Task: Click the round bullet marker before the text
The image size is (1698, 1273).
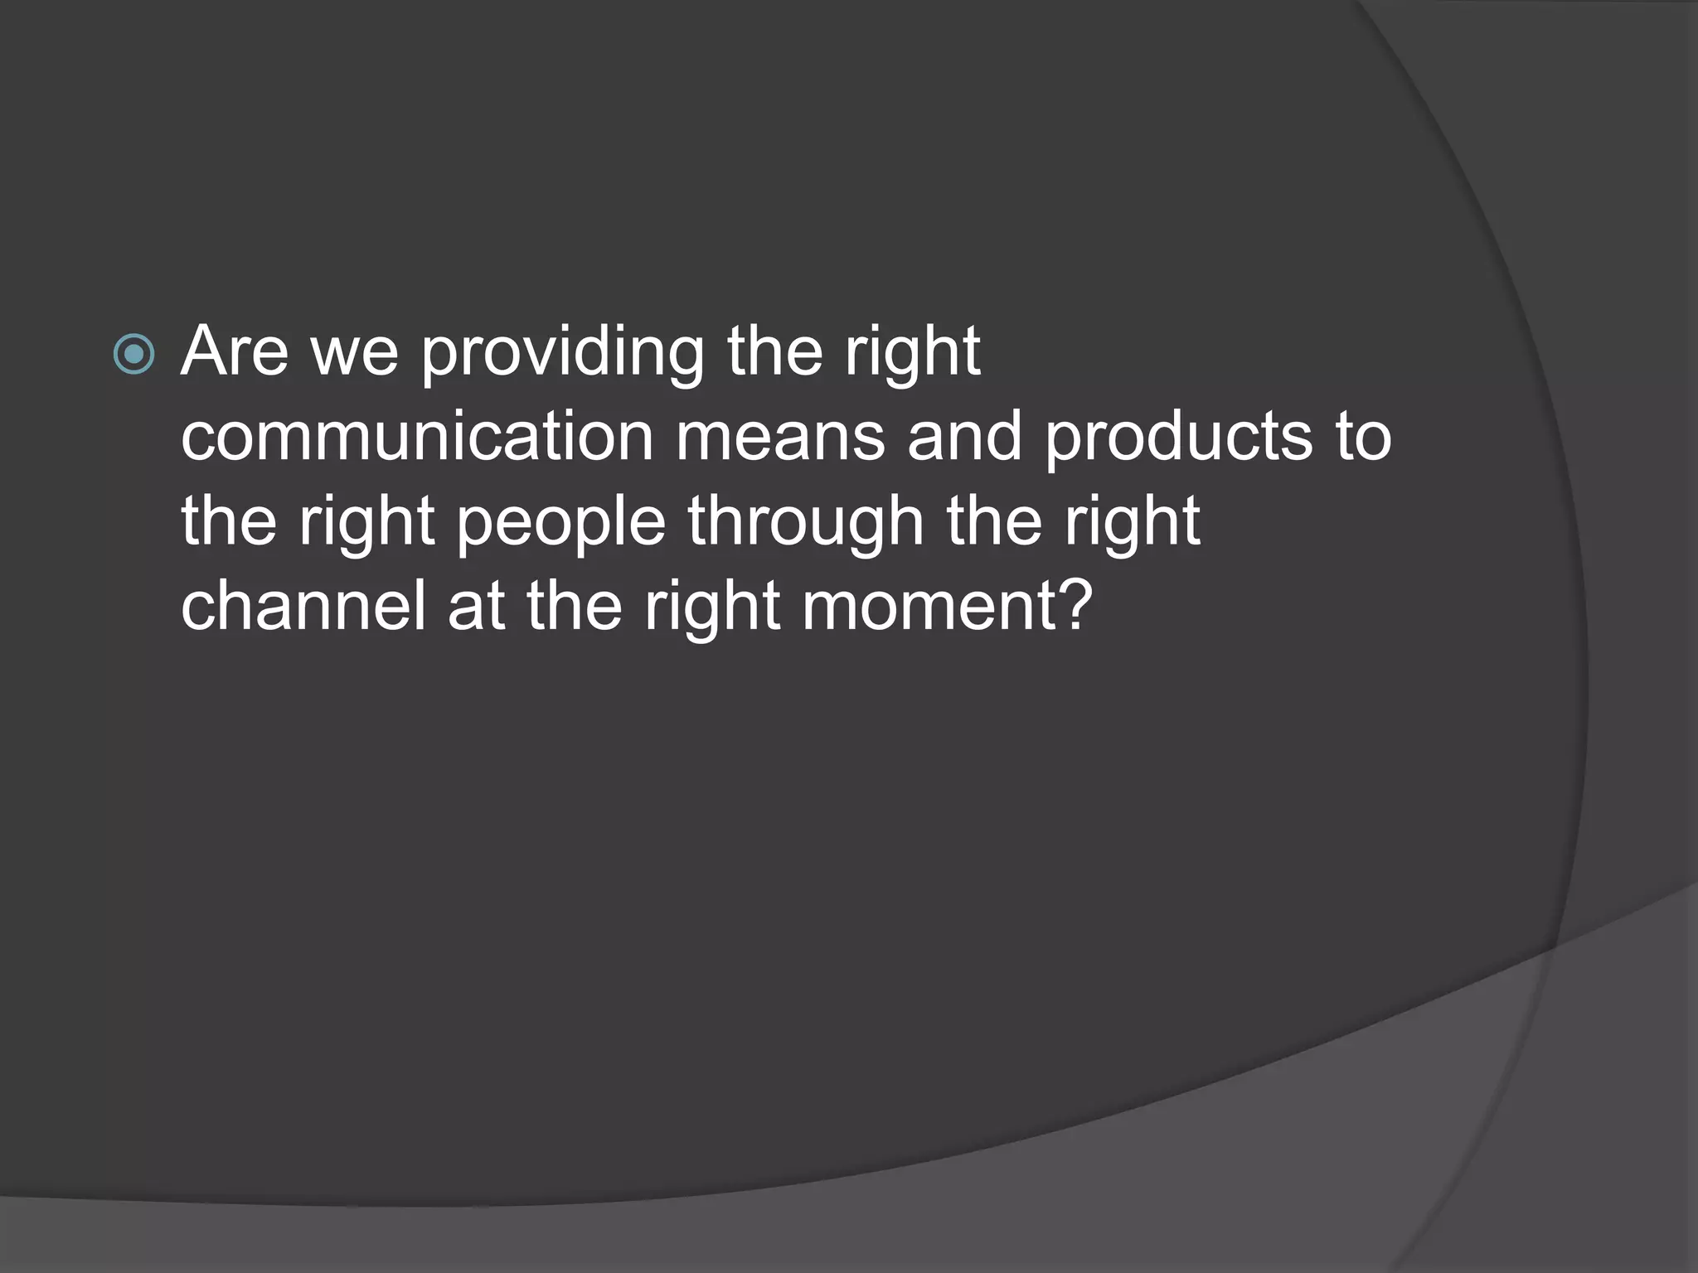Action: click(133, 355)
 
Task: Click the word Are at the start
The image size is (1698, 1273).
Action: click(235, 351)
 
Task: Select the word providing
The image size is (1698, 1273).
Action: click(563, 355)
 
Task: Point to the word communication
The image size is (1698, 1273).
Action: click(417, 437)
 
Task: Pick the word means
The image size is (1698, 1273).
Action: click(780, 437)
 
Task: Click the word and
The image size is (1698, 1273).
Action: click(964, 437)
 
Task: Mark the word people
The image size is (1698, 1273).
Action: click(561, 525)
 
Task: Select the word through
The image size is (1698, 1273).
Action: click(805, 525)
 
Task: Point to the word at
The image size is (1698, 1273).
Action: click(476, 607)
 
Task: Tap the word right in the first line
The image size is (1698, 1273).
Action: click(912, 355)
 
